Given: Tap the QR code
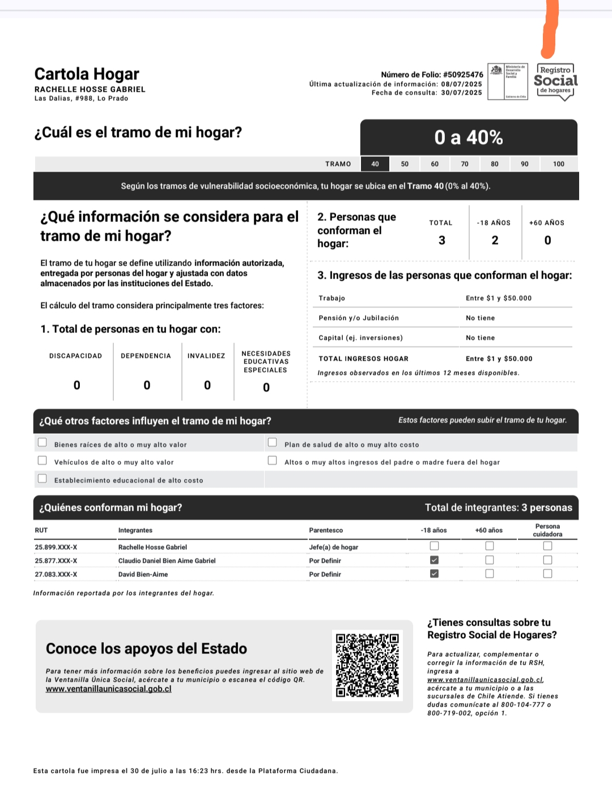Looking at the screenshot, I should click(x=367, y=665).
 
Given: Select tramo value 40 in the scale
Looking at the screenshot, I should click(x=375, y=164).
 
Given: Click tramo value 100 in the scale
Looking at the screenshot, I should click(x=559, y=164).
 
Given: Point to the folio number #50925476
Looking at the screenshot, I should click(x=463, y=75).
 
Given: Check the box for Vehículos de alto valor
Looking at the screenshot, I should click(x=42, y=460).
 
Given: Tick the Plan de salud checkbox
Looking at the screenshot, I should click(x=273, y=442).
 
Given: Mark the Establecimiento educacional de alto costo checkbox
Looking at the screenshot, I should click(x=42, y=479).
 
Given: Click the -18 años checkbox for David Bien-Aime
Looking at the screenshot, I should click(x=434, y=574).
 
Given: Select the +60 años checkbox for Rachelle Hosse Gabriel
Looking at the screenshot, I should click(x=490, y=546).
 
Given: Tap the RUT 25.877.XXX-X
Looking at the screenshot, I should click(x=56, y=561).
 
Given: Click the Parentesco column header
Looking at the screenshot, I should click(x=326, y=531).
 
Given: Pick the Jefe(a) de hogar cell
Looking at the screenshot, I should click(x=334, y=547).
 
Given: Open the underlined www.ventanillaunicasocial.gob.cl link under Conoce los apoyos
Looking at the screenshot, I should click(x=108, y=689).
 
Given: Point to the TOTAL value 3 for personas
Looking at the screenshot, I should click(x=442, y=240).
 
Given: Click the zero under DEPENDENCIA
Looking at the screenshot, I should click(x=147, y=385).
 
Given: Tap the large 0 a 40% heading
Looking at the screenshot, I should click(x=469, y=138).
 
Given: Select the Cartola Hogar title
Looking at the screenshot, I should click(x=87, y=74).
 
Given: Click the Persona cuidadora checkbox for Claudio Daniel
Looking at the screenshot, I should click(x=547, y=560).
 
